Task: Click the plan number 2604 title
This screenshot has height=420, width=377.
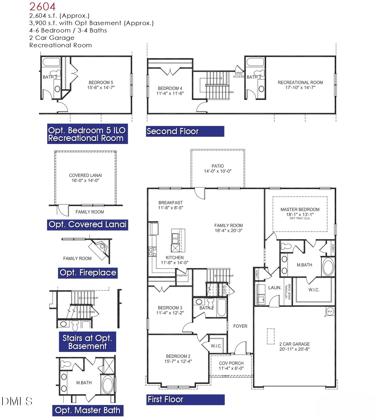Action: pyautogui.click(x=42, y=7)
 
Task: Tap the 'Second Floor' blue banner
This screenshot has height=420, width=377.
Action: pyautogui.click(x=185, y=131)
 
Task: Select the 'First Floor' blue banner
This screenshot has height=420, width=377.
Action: pyautogui.click(x=185, y=400)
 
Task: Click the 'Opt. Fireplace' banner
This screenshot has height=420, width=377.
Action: pyautogui.click(x=88, y=273)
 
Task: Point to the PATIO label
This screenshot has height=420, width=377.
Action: pyautogui.click(x=218, y=166)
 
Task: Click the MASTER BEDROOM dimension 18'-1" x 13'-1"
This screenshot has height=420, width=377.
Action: pyautogui.click(x=300, y=215)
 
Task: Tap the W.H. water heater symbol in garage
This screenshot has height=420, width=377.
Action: pyautogui.click(x=330, y=311)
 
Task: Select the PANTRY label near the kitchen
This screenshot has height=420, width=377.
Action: pyautogui.click(x=182, y=275)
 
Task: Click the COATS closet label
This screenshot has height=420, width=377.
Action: pyautogui.click(x=224, y=290)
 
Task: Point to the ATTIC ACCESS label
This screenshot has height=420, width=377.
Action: pyautogui.click(x=239, y=75)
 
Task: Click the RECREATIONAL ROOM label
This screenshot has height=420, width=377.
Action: pyautogui.click(x=300, y=82)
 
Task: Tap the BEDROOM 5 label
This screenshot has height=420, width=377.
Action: pyautogui.click(x=101, y=82)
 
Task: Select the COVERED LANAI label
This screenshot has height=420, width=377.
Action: pyautogui.click(x=85, y=175)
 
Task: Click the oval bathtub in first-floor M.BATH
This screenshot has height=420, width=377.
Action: pyautogui.click(x=328, y=267)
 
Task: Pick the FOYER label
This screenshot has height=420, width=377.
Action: pyautogui.click(x=240, y=326)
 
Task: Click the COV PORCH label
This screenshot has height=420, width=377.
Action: pyautogui.click(x=231, y=363)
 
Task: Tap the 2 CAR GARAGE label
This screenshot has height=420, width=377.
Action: pyautogui.click(x=295, y=344)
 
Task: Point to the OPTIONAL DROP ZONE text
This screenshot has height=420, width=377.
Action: pyautogui.click(x=288, y=292)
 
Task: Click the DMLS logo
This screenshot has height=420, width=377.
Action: pyautogui.click(x=17, y=401)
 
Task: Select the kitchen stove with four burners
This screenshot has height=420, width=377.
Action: pyautogui.click(x=153, y=252)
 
